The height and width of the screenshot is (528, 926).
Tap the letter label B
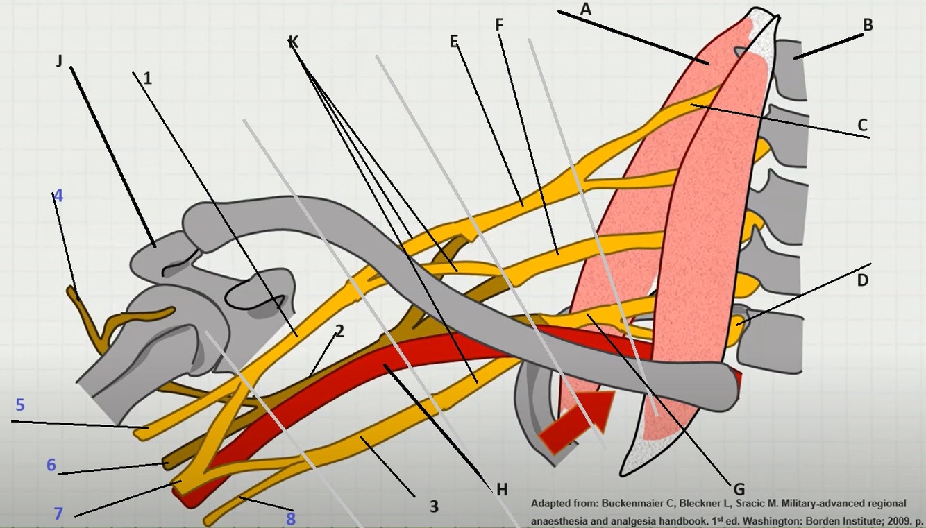(867, 26)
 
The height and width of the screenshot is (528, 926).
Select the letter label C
(862, 126)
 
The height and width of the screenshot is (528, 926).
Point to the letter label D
(863, 280)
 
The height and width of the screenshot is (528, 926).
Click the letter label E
(454, 42)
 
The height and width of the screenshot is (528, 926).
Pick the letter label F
(499, 25)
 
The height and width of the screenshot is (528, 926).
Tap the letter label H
(502, 489)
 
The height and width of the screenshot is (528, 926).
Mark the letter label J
(59, 61)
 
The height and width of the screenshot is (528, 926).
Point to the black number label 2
(339, 331)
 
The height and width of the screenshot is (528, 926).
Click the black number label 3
(434, 506)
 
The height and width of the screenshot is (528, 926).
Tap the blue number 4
(58, 196)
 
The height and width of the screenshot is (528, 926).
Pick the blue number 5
(20, 404)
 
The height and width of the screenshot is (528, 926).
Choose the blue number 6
(51, 465)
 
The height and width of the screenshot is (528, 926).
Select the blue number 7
(58, 514)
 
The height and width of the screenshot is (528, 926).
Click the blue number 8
(290, 518)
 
